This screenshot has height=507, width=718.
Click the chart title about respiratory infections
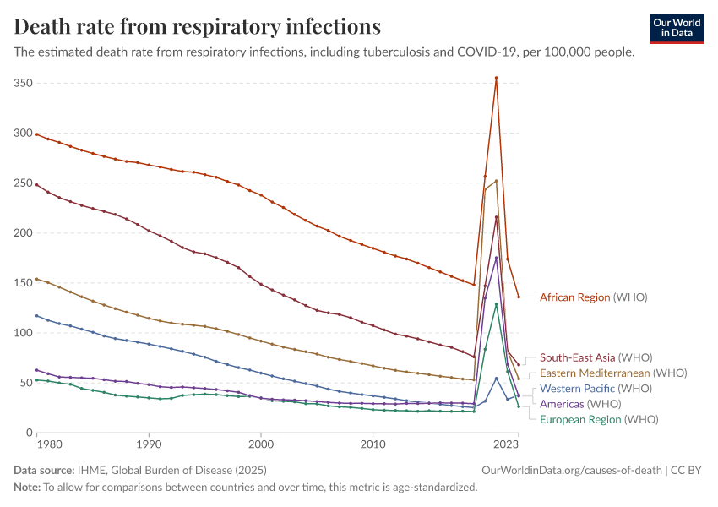tap(198, 26)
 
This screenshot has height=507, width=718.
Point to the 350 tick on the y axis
tap(23, 84)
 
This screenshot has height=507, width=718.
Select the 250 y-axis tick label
tap(23, 183)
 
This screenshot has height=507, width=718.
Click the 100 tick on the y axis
tap(23, 333)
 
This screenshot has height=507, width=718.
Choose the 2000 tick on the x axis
tap(261, 444)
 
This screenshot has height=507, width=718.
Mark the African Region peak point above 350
tap(496, 78)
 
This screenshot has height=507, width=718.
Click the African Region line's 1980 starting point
tap(36, 134)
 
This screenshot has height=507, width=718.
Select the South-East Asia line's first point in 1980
tap(36, 184)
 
